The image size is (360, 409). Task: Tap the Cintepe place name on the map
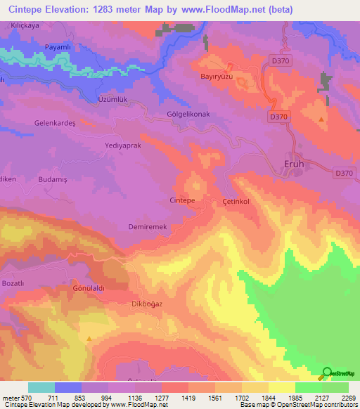click(183, 200)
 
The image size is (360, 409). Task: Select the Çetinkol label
click(236, 201)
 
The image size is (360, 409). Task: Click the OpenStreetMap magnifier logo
click(327, 374)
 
